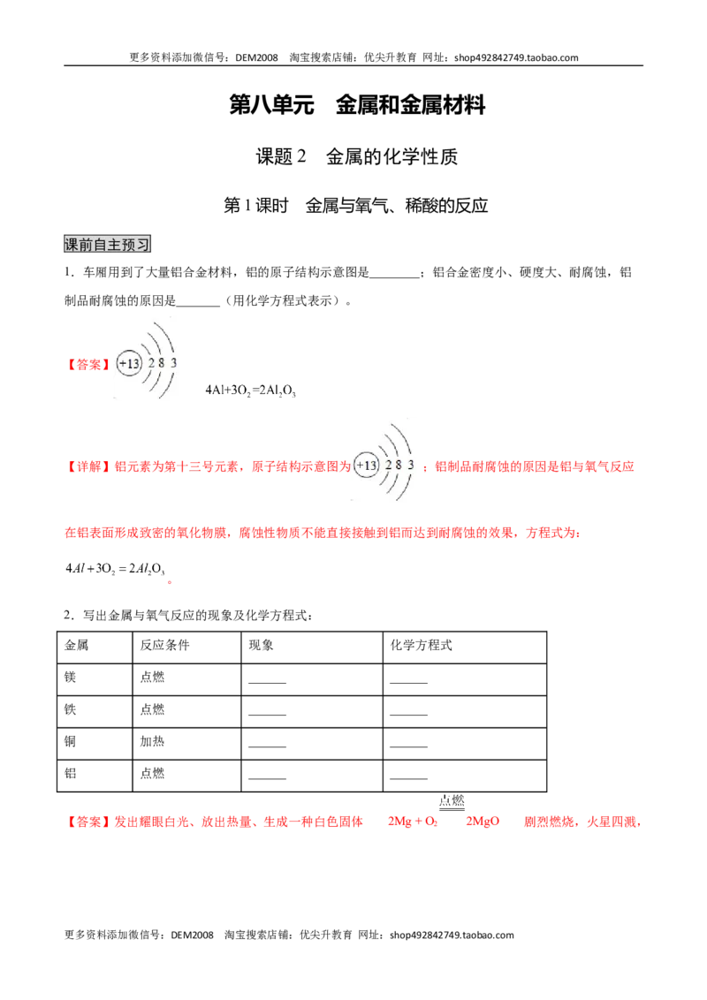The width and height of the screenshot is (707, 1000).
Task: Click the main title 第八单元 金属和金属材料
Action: (357, 104)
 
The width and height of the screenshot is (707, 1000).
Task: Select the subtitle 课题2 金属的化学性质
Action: (357, 156)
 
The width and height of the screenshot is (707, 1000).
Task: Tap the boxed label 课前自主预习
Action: (107, 244)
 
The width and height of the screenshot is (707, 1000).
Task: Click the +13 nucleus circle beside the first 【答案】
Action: (129, 364)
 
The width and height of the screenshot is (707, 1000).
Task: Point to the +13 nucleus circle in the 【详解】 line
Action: (366, 465)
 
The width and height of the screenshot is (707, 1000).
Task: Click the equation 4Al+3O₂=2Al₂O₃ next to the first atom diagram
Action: (250, 390)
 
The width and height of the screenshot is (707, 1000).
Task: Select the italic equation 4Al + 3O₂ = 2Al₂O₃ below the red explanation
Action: (116, 569)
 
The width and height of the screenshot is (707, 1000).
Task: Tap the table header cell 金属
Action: (77, 646)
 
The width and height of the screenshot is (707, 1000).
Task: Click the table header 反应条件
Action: (164, 646)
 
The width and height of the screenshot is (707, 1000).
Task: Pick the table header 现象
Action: (261, 646)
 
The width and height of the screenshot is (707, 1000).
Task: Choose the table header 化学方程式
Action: (422, 646)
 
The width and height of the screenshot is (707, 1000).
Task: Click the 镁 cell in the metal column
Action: (70, 678)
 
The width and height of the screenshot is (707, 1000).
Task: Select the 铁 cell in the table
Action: (70, 709)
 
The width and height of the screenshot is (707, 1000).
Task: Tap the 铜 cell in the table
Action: (70, 741)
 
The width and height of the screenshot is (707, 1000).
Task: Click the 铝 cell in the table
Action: (70, 773)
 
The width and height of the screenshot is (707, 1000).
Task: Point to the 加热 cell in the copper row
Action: (153, 741)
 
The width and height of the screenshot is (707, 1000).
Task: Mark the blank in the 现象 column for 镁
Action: (268, 683)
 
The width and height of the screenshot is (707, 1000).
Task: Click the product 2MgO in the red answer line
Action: (483, 822)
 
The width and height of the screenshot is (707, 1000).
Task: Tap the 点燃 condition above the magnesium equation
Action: (452, 800)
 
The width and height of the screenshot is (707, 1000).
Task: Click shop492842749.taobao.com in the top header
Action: (516, 57)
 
